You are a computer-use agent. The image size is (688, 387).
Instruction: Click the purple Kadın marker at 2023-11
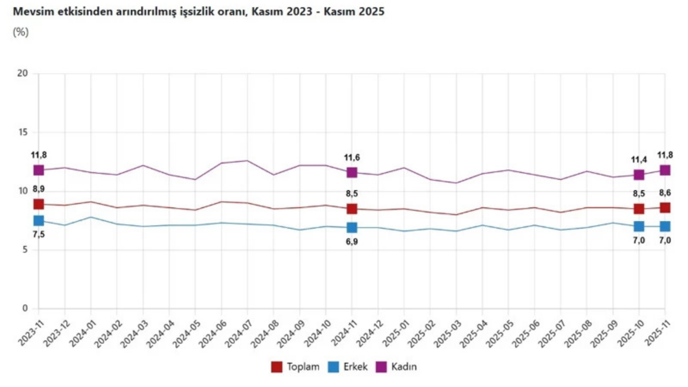click(x=39, y=170)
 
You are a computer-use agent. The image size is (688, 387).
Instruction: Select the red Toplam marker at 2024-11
click(x=352, y=209)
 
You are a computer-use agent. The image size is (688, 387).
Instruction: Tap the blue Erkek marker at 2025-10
click(x=639, y=226)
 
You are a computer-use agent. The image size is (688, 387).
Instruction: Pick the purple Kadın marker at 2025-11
click(x=665, y=170)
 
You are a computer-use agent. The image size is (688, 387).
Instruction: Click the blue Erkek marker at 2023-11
click(x=39, y=220)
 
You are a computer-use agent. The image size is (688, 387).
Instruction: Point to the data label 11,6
click(x=352, y=157)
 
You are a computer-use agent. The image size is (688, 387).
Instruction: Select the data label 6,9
click(x=352, y=242)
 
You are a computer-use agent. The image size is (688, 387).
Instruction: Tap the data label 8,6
click(x=665, y=193)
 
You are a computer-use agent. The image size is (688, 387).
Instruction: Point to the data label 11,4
click(x=639, y=160)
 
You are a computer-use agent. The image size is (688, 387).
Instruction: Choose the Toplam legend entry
click(x=296, y=367)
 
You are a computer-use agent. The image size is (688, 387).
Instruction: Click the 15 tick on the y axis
click(x=23, y=132)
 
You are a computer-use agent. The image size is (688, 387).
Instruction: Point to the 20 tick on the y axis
click(x=23, y=74)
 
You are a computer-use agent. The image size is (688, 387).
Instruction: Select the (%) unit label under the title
click(x=20, y=32)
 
